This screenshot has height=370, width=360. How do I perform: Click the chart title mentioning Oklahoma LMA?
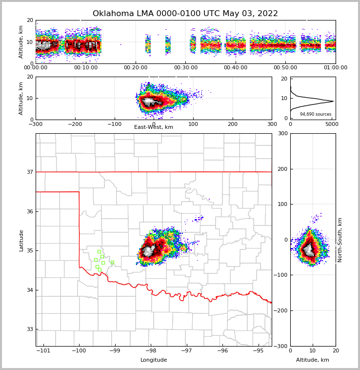pyautogui.click(x=185, y=14)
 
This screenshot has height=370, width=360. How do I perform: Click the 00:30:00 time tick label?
pyautogui.click(x=186, y=68)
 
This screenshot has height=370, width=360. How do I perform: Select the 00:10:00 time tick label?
pyautogui.click(x=86, y=68)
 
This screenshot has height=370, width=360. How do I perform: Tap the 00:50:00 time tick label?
pyautogui.click(x=285, y=68)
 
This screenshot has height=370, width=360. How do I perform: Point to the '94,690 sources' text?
pyautogui.click(x=316, y=114)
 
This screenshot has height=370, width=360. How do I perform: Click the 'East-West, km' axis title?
pyautogui.click(x=154, y=127)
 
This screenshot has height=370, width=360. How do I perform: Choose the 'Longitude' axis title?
pyautogui.click(x=154, y=360)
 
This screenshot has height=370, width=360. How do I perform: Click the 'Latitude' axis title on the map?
pyautogui.click(x=21, y=240)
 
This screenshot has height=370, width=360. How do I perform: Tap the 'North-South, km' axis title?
pyautogui.click(x=340, y=240)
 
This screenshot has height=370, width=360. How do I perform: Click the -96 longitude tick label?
pyautogui.click(x=222, y=350)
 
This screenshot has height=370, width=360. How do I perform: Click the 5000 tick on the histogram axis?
pyautogui.click(x=332, y=124)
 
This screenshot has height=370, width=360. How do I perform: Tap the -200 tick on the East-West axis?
pyautogui.click(x=75, y=124)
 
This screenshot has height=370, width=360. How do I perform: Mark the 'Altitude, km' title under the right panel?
pyautogui.click(x=313, y=360)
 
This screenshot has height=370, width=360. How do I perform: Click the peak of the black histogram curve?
pyautogui.click(x=333, y=102)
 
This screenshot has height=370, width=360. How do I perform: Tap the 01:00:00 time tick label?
pyautogui.click(x=336, y=68)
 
